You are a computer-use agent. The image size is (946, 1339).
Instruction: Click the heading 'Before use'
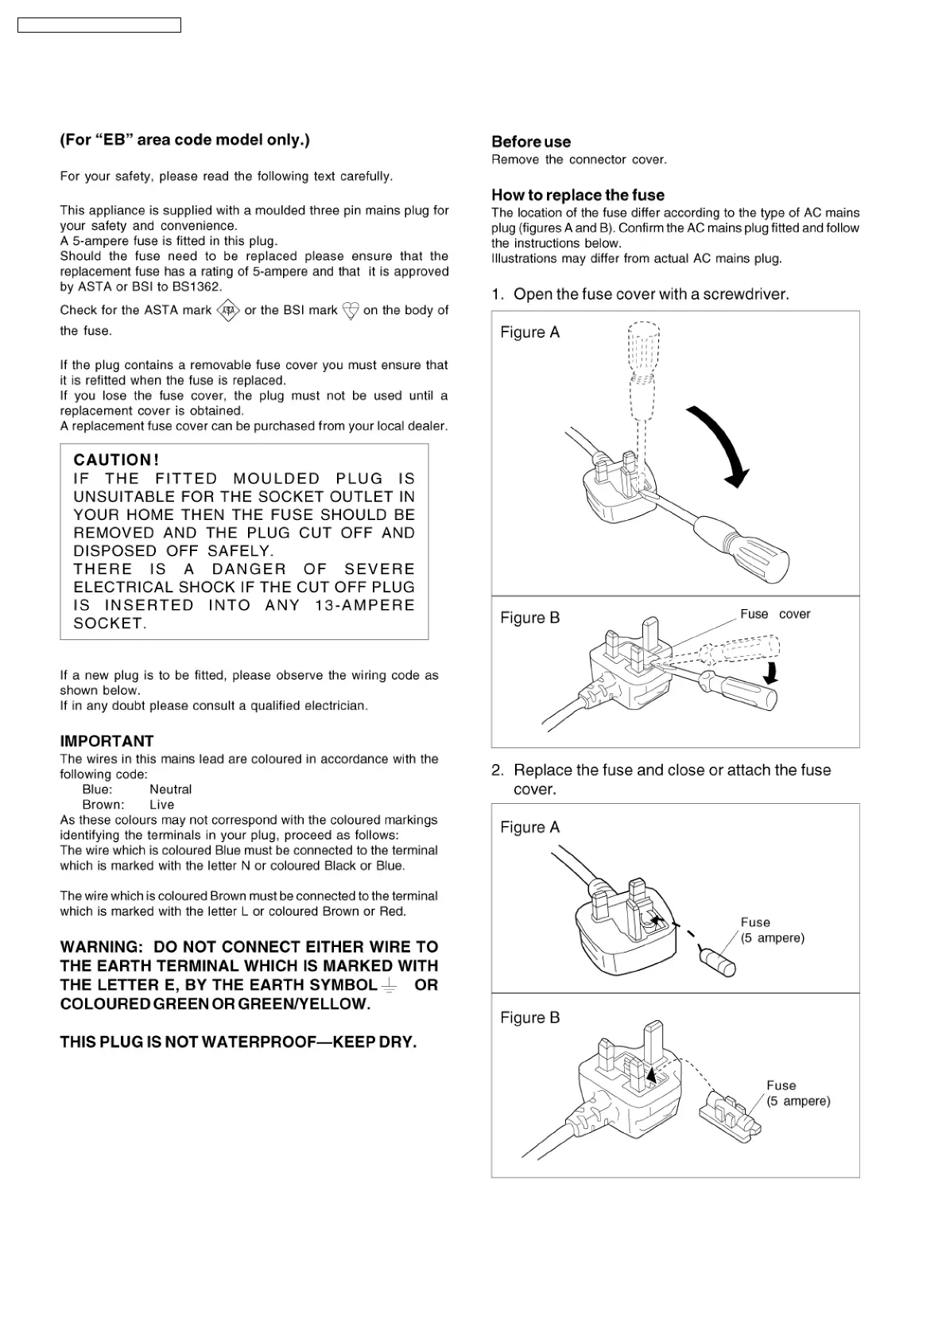click(x=531, y=142)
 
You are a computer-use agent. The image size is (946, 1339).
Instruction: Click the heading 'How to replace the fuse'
click(x=577, y=196)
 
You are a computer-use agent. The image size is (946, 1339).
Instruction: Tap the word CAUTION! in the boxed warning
click(x=116, y=460)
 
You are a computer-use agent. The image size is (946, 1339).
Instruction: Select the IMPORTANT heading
click(x=107, y=741)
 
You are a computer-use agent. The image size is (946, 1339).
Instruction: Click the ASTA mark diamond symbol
click(x=228, y=310)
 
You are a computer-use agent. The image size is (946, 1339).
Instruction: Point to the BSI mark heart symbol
click(x=350, y=310)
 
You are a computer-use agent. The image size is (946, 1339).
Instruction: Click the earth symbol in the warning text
click(x=390, y=986)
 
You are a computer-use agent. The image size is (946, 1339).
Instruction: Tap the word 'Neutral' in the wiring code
click(x=170, y=790)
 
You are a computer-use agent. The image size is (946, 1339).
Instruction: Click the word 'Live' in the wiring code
click(x=161, y=805)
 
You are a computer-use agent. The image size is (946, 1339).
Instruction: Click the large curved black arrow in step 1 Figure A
click(x=723, y=445)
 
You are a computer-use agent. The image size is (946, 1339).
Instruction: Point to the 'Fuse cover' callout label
click(x=774, y=614)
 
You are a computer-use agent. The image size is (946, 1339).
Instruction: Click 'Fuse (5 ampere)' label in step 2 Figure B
click(x=797, y=1093)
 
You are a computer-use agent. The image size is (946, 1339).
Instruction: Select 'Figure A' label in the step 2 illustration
click(x=529, y=828)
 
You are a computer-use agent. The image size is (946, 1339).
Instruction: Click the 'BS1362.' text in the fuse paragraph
click(x=197, y=287)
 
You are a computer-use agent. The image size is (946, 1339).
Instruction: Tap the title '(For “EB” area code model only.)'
click(x=184, y=141)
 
